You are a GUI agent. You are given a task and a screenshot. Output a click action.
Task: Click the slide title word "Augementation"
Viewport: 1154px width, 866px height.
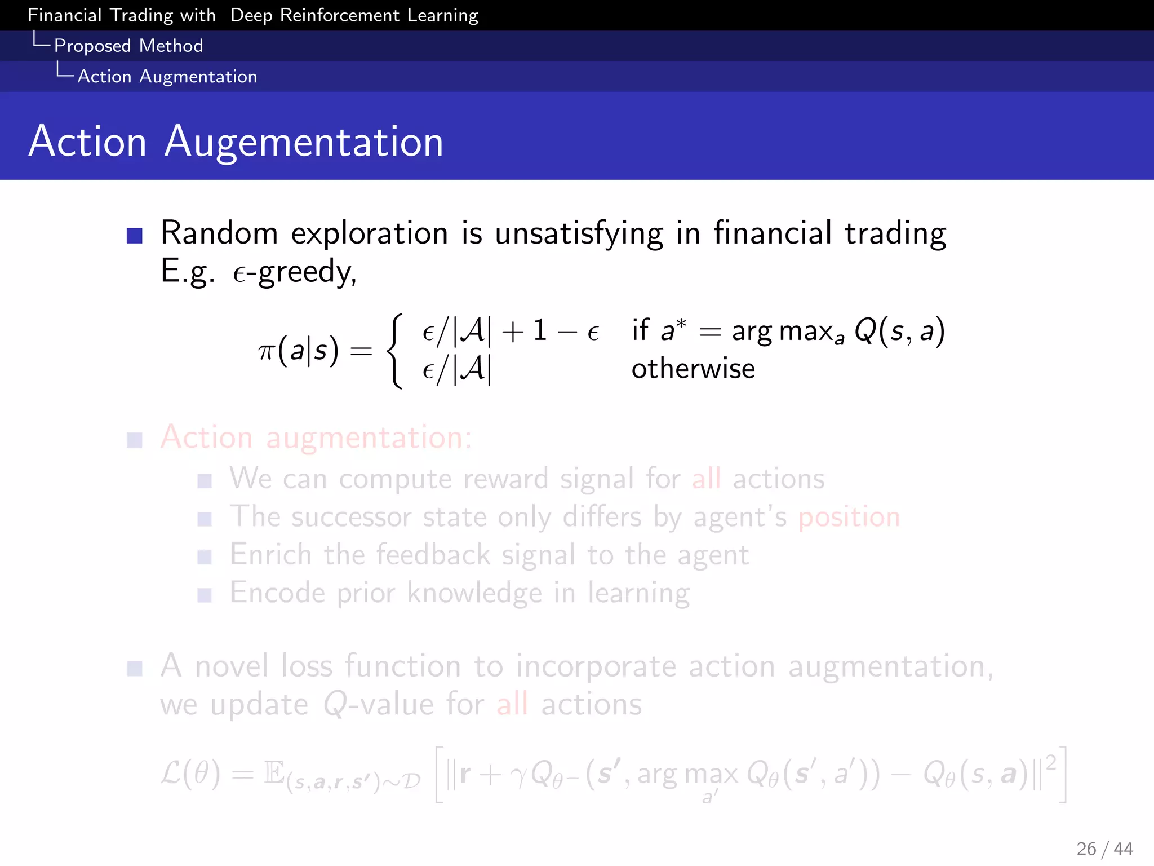pyautogui.click(x=304, y=142)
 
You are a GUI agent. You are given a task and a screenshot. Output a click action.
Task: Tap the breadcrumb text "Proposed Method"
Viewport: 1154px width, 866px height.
pyautogui.click(x=128, y=46)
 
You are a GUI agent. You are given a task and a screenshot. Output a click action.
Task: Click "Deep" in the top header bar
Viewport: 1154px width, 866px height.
pyautogui.click(x=251, y=15)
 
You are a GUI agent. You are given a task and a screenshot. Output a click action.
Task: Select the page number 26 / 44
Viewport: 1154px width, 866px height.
pyautogui.click(x=1104, y=849)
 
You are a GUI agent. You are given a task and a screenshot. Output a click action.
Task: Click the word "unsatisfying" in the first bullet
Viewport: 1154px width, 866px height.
pyautogui.click(x=579, y=233)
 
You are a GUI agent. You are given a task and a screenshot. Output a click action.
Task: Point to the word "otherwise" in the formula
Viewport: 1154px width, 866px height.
pyautogui.click(x=693, y=369)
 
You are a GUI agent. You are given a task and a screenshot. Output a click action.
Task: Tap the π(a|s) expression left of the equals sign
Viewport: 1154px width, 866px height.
pyautogui.click(x=299, y=351)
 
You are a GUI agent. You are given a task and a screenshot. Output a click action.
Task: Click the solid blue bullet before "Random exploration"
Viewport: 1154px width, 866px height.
pyautogui.click(x=135, y=235)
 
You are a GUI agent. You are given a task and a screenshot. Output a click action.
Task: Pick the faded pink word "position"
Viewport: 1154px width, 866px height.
pyautogui.click(x=849, y=517)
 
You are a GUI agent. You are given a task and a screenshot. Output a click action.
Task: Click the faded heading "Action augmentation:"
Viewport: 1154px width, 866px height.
pyautogui.click(x=316, y=438)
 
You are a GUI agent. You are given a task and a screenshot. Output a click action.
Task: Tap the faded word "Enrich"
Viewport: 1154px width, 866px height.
pyautogui.click(x=270, y=555)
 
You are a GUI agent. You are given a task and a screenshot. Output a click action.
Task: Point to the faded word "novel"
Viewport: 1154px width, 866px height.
pyautogui.click(x=232, y=666)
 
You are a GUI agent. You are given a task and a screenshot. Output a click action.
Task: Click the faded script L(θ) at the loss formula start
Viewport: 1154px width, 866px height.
pyautogui.click(x=190, y=774)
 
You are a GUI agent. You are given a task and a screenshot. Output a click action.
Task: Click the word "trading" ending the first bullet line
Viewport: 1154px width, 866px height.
pyautogui.click(x=895, y=233)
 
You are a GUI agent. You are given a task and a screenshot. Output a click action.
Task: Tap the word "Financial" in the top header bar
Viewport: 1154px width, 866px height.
pyautogui.click(x=65, y=15)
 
